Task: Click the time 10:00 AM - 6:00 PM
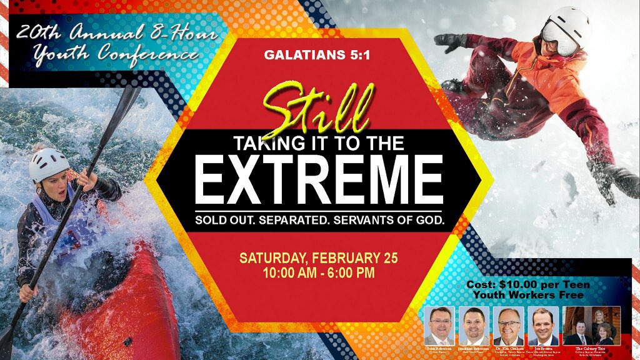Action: [319, 272]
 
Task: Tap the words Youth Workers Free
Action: [528, 294]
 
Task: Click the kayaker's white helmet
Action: [48, 163]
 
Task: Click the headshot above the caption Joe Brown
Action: [543, 325]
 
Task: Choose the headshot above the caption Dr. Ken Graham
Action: [508, 325]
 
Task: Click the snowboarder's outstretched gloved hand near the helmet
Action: [449, 41]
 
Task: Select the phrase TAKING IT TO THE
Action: [319, 143]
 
